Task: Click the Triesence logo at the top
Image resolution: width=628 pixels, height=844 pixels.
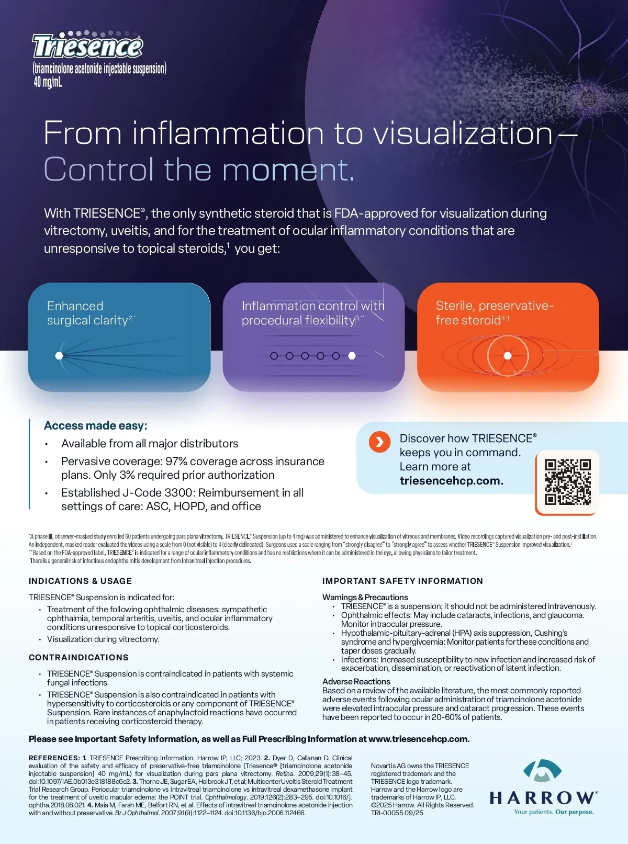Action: pyautogui.click(x=87, y=46)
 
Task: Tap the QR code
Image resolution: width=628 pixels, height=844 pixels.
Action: pyautogui.click(x=567, y=482)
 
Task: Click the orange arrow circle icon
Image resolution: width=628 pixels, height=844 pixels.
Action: pyautogui.click(x=379, y=442)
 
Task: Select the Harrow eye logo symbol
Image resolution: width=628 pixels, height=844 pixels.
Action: pyautogui.click(x=542, y=771)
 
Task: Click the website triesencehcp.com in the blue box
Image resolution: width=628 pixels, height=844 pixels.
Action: pyautogui.click(x=452, y=480)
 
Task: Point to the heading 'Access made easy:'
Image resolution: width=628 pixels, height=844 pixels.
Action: pyautogui.click(x=96, y=425)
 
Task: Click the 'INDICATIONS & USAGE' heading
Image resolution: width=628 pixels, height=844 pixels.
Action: pyautogui.click(x=80, y=581)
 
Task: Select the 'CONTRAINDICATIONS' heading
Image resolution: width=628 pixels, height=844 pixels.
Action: pyautogui.click(x=79, y=658)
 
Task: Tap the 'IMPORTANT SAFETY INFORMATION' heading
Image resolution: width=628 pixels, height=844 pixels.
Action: pyautogui.click(x=402, y=581)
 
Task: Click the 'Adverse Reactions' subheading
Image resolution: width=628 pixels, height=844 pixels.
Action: pyautogui.click(x=356, y=681)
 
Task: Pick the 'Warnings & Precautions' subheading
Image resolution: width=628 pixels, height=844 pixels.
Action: pyautogui.click(x=365, y=598)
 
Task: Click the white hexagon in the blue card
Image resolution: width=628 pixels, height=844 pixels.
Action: pyautogui.click(x=59, y=356)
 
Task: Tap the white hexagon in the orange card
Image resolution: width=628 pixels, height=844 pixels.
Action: pyautogui.click(x=507, y=356)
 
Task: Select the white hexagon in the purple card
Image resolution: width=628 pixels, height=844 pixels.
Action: pyautogui.click(x=352, y=356)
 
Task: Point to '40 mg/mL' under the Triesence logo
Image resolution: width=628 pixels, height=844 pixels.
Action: pyautogui.click(x=48, y=82)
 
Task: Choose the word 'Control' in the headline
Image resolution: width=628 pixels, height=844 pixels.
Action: pyautogui.click(x=99, y=170)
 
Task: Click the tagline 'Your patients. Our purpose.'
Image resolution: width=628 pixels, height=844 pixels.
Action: pyautogui.click(x=554, y=812)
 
